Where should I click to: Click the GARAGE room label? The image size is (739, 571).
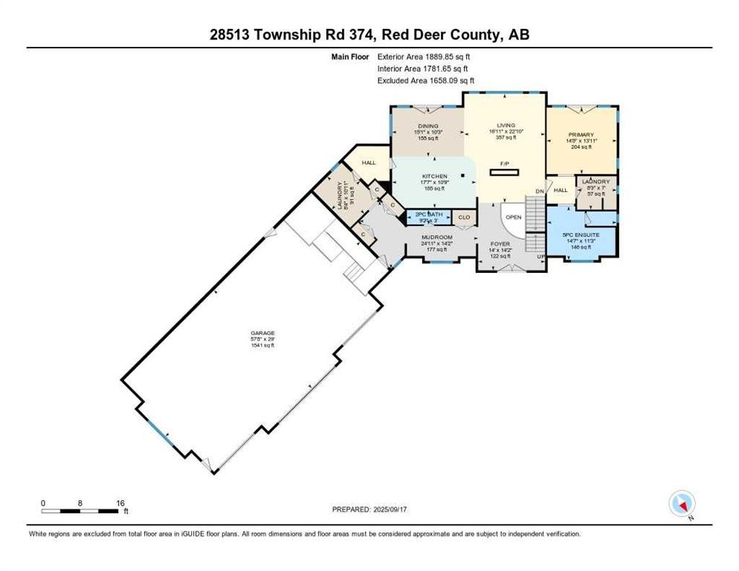262,334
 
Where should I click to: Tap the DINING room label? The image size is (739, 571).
427,126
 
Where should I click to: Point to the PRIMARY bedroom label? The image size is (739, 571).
581,135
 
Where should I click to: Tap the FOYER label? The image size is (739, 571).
499,244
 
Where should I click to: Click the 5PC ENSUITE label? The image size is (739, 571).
581,235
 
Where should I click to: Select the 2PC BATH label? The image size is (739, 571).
429,214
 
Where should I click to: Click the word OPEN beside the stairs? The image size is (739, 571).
513,218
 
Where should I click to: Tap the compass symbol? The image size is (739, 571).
682,505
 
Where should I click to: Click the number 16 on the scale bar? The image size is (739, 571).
120,503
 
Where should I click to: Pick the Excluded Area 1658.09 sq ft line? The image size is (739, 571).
426,80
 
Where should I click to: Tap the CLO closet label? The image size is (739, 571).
464,218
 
